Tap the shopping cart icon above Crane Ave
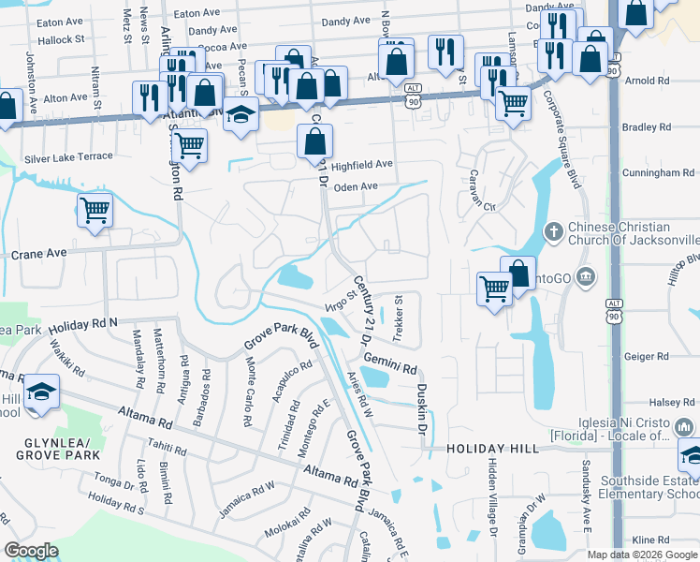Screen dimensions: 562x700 pyautogui.click(x=95, y=211)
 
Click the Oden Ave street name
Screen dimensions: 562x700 pyautogui.click(x=356, y=186)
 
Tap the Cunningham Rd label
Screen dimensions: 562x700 pyautogui.click(x=662, y=172)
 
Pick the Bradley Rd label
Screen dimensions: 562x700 pyautogui.click(x=647, y=126)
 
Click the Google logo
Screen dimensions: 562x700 pyautogui.click(x=32, y=551)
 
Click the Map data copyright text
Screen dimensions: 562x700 pyautogui.click(x=642, y=555)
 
